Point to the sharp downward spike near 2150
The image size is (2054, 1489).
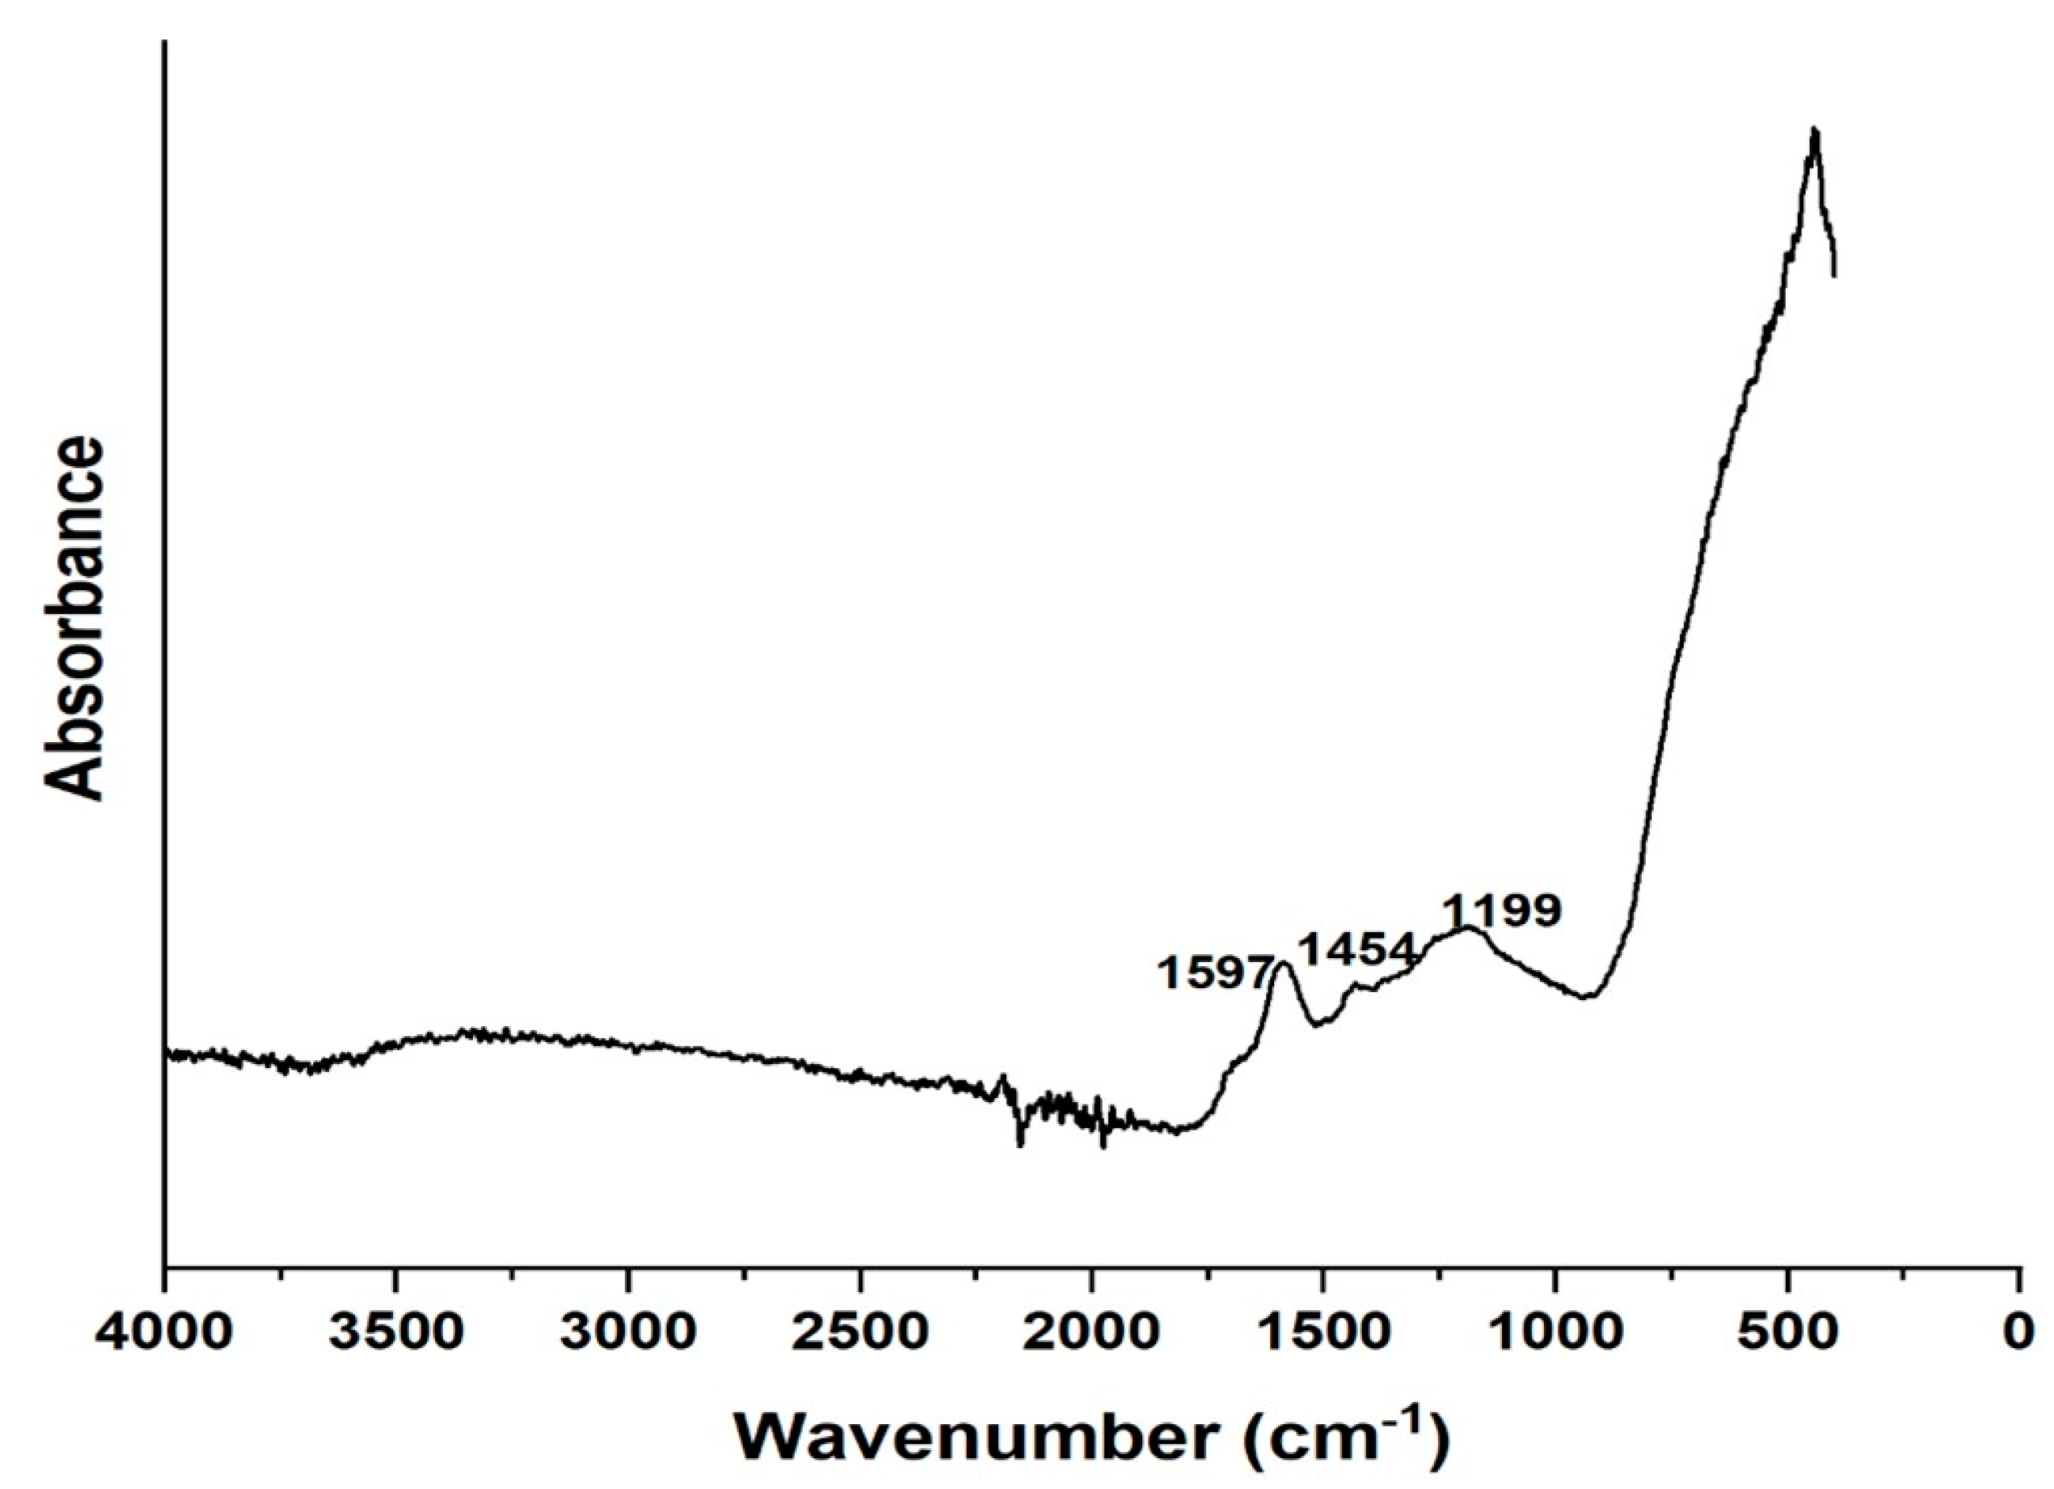[1020, 1143]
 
